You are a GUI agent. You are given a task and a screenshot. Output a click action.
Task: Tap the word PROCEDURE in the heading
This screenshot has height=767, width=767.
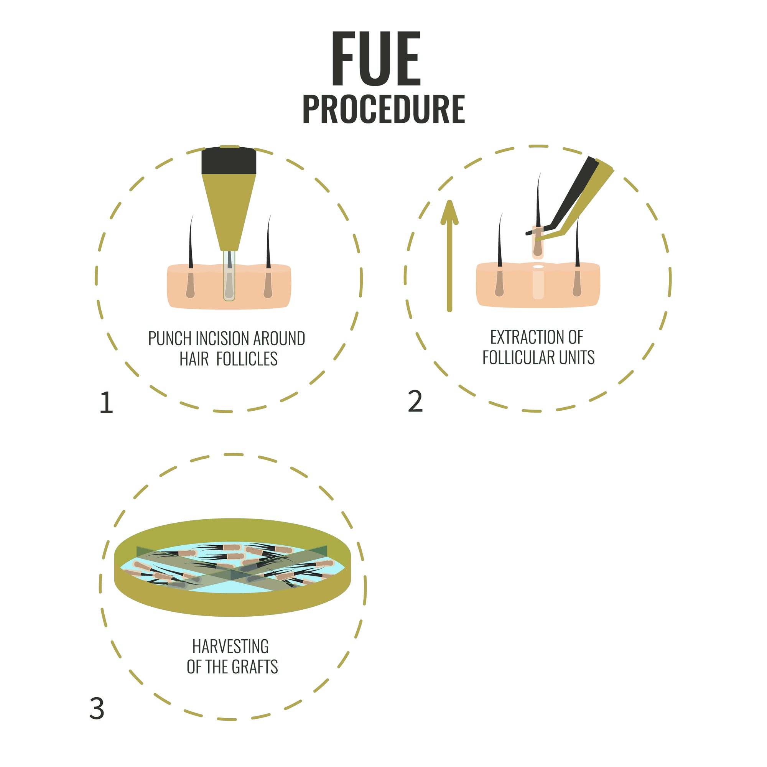[x=383, y=109]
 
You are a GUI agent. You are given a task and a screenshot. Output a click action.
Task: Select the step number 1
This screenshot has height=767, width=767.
[x=106, y=403]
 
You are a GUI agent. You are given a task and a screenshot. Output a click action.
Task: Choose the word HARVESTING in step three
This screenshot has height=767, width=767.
[x=230, y=646]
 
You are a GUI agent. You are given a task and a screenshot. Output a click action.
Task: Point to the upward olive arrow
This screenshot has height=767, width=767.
[x=449, y=256]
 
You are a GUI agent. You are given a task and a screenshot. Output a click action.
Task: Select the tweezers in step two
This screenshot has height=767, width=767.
[x=572, y=199]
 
